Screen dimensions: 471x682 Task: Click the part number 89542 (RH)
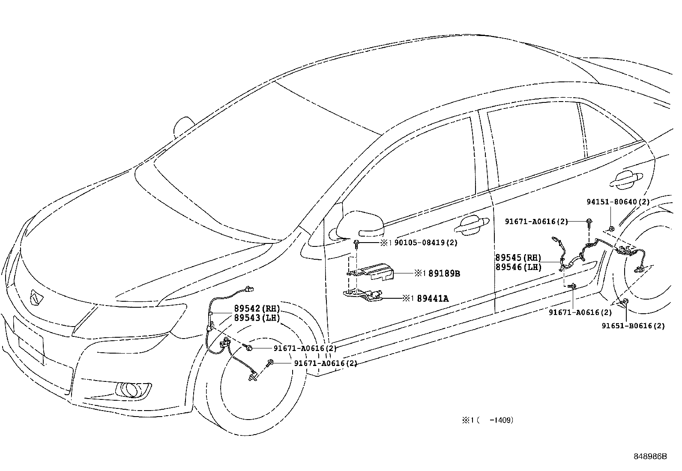tap(257, 309)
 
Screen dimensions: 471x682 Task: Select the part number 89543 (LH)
tap(257, 318)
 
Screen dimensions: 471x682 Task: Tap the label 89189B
tap(444, 273)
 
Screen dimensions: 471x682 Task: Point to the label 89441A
tap(432, 298)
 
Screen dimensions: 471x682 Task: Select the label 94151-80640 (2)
tap(618, 201)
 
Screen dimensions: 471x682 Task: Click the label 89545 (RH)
tap(518, 258)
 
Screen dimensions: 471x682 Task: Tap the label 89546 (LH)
tap(518, 267)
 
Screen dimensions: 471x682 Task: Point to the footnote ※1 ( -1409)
tap(487, 420)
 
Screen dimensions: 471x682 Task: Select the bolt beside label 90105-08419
tap(356, 244)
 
